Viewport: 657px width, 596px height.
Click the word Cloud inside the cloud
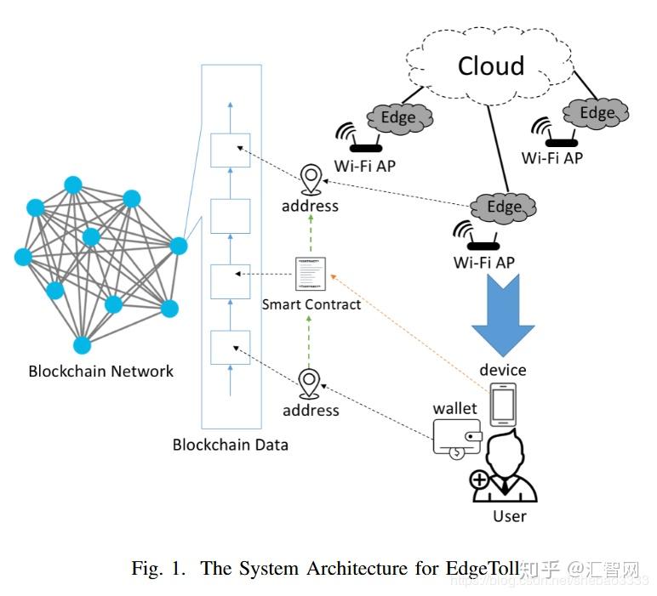coord(491,65)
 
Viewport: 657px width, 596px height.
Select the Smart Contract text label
coord(311,304)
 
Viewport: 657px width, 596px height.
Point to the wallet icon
coord(457,439)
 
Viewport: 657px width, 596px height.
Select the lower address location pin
coord(310,384)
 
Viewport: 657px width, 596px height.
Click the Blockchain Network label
coord(100,371)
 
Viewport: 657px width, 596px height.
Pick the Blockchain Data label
coord(230,444)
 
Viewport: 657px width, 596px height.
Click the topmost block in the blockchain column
coord(230,150)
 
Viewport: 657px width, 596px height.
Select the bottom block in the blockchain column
coord(230,347)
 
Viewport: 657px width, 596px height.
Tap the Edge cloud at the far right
coord(597,112)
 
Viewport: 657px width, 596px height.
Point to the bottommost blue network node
coord(82,344)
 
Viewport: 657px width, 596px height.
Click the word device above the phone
coord(502,370)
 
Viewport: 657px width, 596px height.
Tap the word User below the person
coord(510,516)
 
